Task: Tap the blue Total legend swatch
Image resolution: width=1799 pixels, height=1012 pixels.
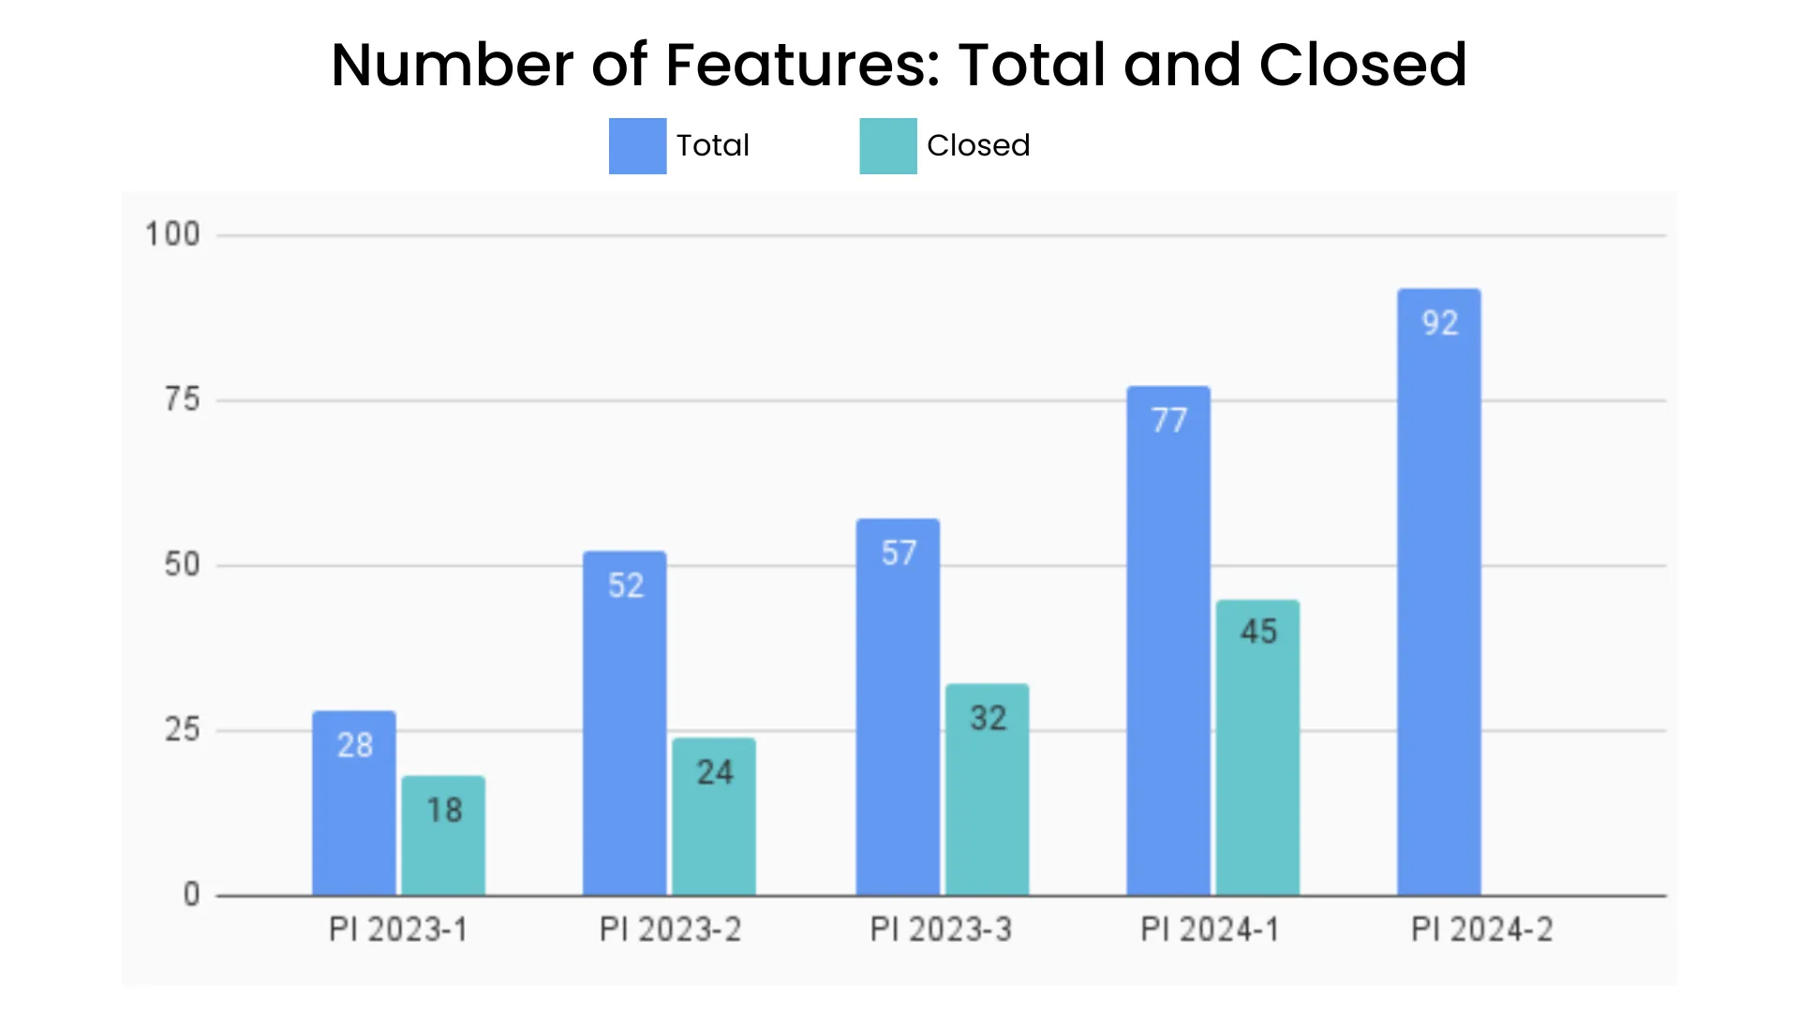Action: (x=637, y=146)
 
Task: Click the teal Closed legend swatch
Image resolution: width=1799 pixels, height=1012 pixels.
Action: (x=888, y=146)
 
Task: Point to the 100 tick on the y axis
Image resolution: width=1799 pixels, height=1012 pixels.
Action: (x=172, y=234)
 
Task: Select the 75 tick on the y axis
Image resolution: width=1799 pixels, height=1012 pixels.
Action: (x=182, y=400)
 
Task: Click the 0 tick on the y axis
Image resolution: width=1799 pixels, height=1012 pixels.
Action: (x=191, y=895)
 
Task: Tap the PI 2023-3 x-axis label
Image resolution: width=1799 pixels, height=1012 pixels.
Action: (x=941, y=930)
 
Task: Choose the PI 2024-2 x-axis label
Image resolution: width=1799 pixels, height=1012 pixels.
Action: (x=1482, y=930)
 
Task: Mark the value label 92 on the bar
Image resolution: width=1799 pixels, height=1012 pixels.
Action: (x=1440, y=323)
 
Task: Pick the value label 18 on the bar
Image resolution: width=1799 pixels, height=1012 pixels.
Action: (x=444, y=811)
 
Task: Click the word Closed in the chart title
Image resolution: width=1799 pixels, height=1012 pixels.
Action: (x=1362, y=65)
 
